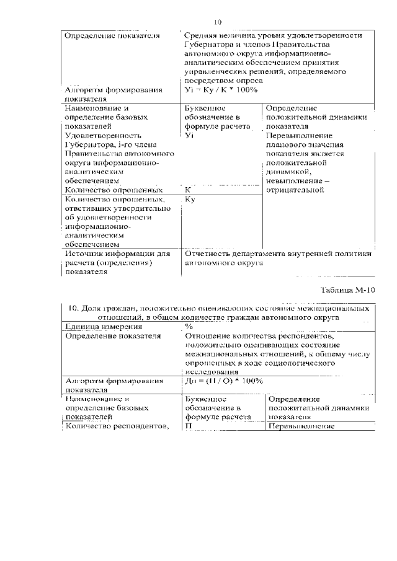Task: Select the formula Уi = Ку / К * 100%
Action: tap(221, 90)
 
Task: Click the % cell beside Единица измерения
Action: tap(189, 326)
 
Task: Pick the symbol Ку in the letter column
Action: tap(190, 200)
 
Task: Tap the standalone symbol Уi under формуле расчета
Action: tap(190, 135)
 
